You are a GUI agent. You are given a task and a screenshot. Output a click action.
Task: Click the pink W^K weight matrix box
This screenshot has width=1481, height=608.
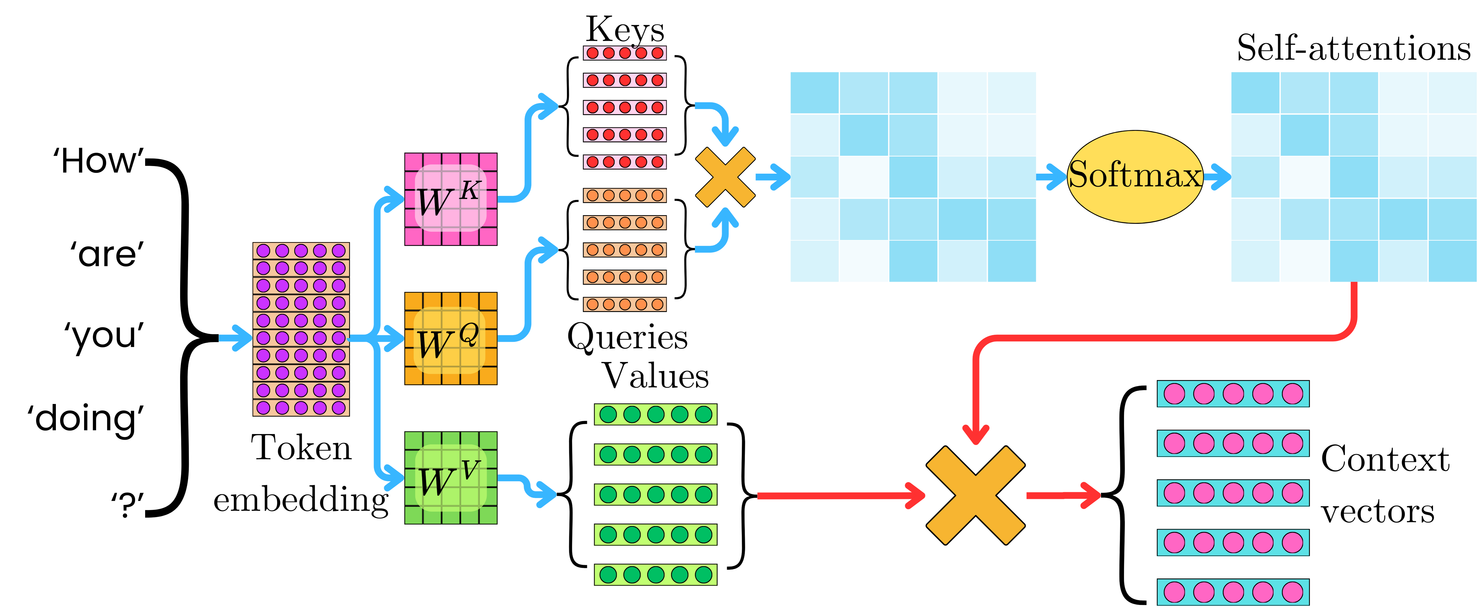[x=451, y=199]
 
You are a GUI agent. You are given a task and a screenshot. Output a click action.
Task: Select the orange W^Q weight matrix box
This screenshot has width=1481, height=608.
[x=451, y=338]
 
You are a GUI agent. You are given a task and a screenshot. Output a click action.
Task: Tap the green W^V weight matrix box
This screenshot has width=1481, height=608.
[x=451, y=478]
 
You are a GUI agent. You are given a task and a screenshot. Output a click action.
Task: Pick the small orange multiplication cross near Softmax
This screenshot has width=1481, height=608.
[x=725, y=177]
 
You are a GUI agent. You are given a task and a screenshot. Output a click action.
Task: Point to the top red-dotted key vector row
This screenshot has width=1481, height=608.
[x=625, y=53]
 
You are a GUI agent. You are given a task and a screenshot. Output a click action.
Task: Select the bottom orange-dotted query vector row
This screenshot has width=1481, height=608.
[x=625, y=304]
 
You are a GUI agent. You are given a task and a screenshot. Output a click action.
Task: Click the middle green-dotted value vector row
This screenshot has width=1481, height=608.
[x=655, y=494]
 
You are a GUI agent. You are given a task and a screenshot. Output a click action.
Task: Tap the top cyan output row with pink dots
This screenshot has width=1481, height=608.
[x=1233, y=394]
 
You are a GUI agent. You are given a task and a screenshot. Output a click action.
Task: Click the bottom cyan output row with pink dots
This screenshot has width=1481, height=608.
[x=1233, y=592]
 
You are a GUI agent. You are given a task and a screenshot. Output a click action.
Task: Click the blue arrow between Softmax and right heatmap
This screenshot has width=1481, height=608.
[x=1216, y=176]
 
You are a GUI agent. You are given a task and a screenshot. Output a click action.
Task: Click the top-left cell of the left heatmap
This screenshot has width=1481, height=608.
[x=814, y=93]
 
